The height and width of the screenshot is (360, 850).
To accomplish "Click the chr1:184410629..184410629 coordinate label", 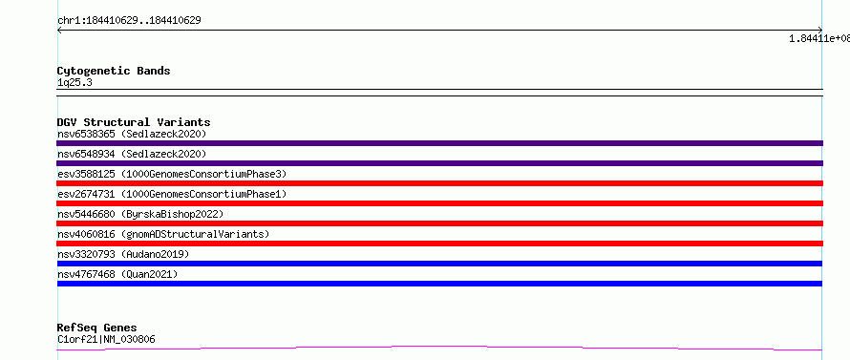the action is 129,21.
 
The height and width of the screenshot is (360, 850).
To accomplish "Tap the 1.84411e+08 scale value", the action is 819,38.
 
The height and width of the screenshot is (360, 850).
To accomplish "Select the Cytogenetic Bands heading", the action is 114,71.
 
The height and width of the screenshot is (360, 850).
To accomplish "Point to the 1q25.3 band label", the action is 71,82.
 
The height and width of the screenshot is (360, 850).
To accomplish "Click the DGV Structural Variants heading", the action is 134,122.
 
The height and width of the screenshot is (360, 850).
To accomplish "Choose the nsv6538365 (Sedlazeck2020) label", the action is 132,134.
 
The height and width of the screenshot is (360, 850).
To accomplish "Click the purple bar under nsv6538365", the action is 439,143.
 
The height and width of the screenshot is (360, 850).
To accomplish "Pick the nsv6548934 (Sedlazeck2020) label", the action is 132,154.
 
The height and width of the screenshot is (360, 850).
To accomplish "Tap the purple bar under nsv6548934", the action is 439,163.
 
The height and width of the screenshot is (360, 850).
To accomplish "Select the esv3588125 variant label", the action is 172,174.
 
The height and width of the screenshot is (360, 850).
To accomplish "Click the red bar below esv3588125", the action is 439,183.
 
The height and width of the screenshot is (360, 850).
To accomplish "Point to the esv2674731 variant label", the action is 172,194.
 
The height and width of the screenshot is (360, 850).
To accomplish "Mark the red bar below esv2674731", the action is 439,203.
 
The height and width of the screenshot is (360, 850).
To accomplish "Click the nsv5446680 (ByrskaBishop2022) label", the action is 140,214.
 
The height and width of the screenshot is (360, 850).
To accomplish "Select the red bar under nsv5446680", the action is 439,223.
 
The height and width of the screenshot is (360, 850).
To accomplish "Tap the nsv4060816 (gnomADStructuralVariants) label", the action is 163,234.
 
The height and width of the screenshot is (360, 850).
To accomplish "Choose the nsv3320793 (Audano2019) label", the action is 123,254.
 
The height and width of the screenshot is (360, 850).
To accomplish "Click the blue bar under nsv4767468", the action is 439,284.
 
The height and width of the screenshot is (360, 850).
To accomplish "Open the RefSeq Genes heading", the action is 97,328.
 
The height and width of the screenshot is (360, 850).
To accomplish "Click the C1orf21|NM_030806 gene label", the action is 106,339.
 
